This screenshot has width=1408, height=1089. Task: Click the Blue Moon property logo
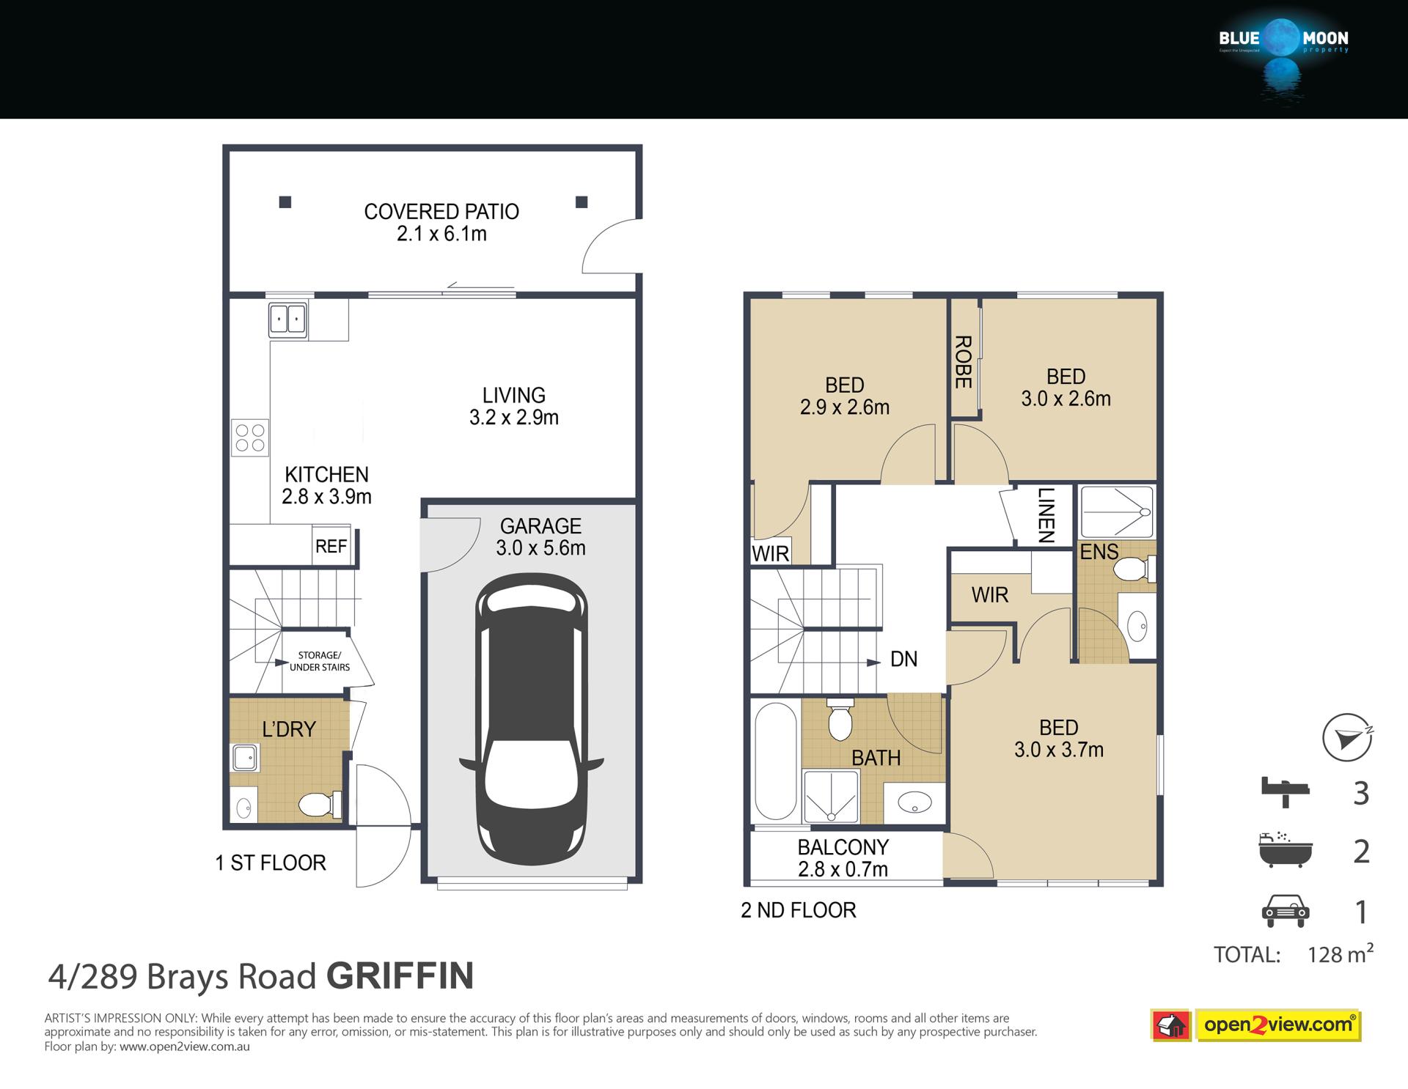click(x=1283, y=55)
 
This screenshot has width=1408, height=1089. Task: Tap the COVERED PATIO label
click(x=441, y=212)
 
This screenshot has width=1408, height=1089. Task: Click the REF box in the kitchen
click(x=331, y=546)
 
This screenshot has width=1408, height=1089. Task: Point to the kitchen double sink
click(x=287, y=319)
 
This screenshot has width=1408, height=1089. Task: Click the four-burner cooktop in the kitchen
click(x=250, y=438)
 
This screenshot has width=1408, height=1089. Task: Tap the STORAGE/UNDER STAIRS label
click(x=320, y=661)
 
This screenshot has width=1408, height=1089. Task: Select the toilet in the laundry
click(x=320, y=805)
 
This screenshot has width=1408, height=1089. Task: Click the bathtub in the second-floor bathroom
click(x=775, y=761)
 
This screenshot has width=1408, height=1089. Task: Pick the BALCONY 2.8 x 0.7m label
click(x=843, y=858)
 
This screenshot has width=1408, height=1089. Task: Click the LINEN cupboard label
click(x=1046, y=515)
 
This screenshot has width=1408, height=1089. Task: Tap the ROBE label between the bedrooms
click(x=963, y=362)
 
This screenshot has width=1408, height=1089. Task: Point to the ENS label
click(x=1099, y=552)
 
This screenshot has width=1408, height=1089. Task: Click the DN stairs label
click(x=903, y=659)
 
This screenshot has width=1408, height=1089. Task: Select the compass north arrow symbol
click(x=1347, y=737)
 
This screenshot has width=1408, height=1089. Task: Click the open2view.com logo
click(x=1256, y=1025)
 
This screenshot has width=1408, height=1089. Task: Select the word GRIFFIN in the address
click(x=400, y=975)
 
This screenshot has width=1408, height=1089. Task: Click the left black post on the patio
click(x=285, y=202)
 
